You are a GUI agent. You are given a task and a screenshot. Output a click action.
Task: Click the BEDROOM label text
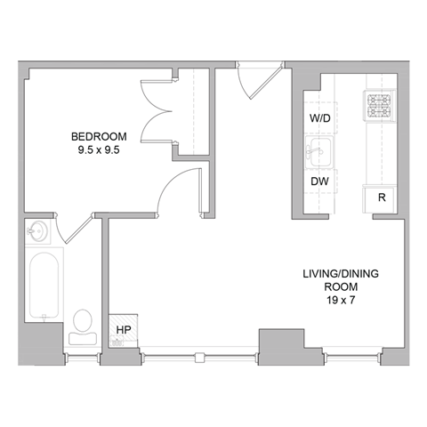[99, 136]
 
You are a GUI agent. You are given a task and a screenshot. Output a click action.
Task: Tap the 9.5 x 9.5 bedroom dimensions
[99, 149]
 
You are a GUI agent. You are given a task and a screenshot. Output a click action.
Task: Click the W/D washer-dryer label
[318, 117]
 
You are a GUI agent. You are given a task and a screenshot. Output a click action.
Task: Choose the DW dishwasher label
[318, 181]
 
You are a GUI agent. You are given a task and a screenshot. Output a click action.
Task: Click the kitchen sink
[318, 150]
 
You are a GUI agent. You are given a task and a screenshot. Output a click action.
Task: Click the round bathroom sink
[38, 233]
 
